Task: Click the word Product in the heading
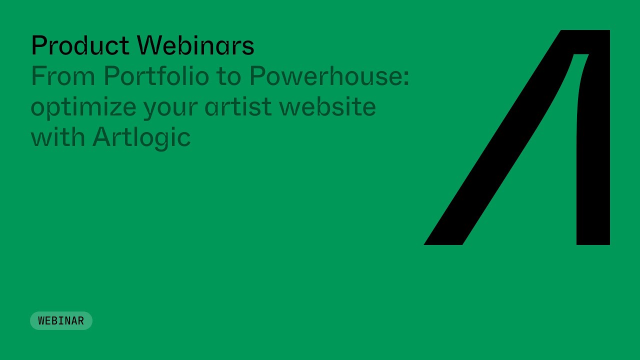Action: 80,45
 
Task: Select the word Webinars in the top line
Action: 195,45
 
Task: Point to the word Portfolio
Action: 156,76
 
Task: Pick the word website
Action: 327,106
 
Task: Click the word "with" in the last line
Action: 57,137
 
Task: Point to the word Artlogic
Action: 141,137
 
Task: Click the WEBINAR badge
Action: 61,321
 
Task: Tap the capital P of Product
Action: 38,45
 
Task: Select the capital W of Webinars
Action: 148,45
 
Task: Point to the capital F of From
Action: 38,76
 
